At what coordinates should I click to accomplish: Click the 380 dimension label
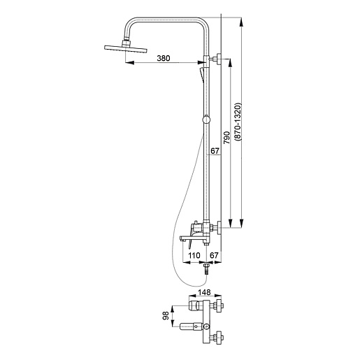pos(164,58)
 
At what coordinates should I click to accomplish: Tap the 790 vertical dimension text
pos(226,138)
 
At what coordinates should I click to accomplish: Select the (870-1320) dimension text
pos(238,122)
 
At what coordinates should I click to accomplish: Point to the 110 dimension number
pos(194,255)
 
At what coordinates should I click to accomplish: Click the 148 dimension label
pos(204,292)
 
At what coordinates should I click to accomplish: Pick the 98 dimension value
pos(166,316)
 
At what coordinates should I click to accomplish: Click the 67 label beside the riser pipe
pos(215,151)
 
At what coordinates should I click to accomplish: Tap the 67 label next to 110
pos(214,255)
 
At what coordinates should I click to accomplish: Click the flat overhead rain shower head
pos(126,48)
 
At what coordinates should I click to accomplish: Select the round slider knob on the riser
pos(206,120)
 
